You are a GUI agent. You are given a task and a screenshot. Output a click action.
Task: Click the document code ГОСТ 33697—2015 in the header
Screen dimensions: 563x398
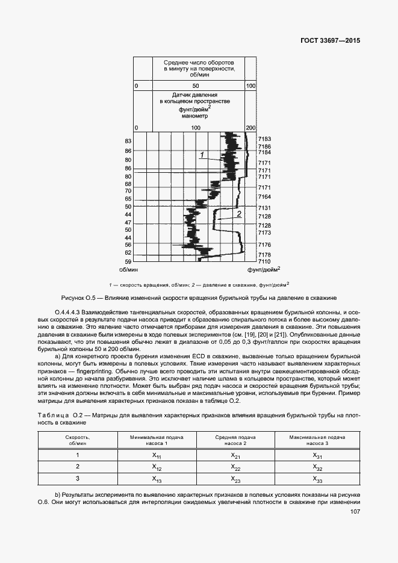[329, 41]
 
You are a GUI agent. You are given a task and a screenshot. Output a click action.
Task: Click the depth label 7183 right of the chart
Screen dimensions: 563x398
[264, 139]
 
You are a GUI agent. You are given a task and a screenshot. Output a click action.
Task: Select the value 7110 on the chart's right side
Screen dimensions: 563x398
[264, 262]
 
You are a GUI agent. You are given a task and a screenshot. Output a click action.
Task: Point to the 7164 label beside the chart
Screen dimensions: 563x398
[264, 197]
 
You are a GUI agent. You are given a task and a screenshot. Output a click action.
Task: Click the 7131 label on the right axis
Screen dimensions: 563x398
[264, 208]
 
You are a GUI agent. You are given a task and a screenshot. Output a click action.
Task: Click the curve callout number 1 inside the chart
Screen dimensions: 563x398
[203, 155]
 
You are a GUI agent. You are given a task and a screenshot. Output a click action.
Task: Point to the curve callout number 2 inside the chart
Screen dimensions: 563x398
[239, 214]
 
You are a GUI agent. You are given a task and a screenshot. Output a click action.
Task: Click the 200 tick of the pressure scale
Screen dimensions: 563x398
[251, 128]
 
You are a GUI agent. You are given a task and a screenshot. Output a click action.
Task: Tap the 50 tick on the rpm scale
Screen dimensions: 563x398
[196, 87]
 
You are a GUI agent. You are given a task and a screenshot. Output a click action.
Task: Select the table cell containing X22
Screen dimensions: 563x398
[236, 467]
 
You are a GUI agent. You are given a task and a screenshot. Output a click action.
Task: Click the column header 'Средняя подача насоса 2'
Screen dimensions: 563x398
[236, 440]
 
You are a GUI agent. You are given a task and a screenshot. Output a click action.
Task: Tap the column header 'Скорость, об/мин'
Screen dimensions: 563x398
[78, 440]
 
